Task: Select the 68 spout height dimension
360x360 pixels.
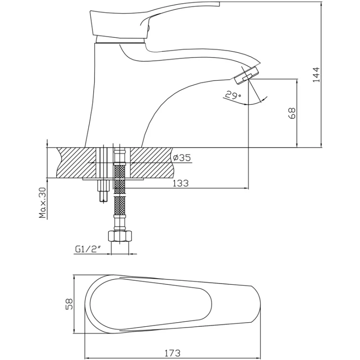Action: [x=292, y=113]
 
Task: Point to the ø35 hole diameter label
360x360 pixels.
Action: [x=182, y=157]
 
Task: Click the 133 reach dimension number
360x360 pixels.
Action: [x=180, y=183]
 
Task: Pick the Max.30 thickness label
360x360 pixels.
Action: [x=43, y=203]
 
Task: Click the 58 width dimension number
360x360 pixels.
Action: [x=68, y=305]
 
